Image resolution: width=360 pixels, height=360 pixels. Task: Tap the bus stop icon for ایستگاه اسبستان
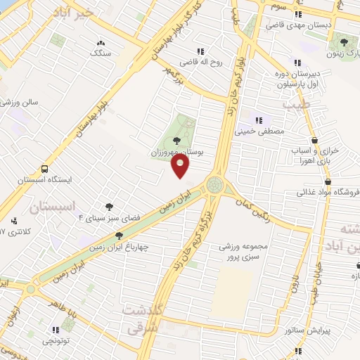[45, 169]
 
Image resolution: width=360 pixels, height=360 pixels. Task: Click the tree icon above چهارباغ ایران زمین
[120, 236]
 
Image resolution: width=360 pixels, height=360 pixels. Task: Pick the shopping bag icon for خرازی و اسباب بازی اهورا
[314, 140]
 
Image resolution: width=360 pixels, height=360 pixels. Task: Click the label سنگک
[100, 53]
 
